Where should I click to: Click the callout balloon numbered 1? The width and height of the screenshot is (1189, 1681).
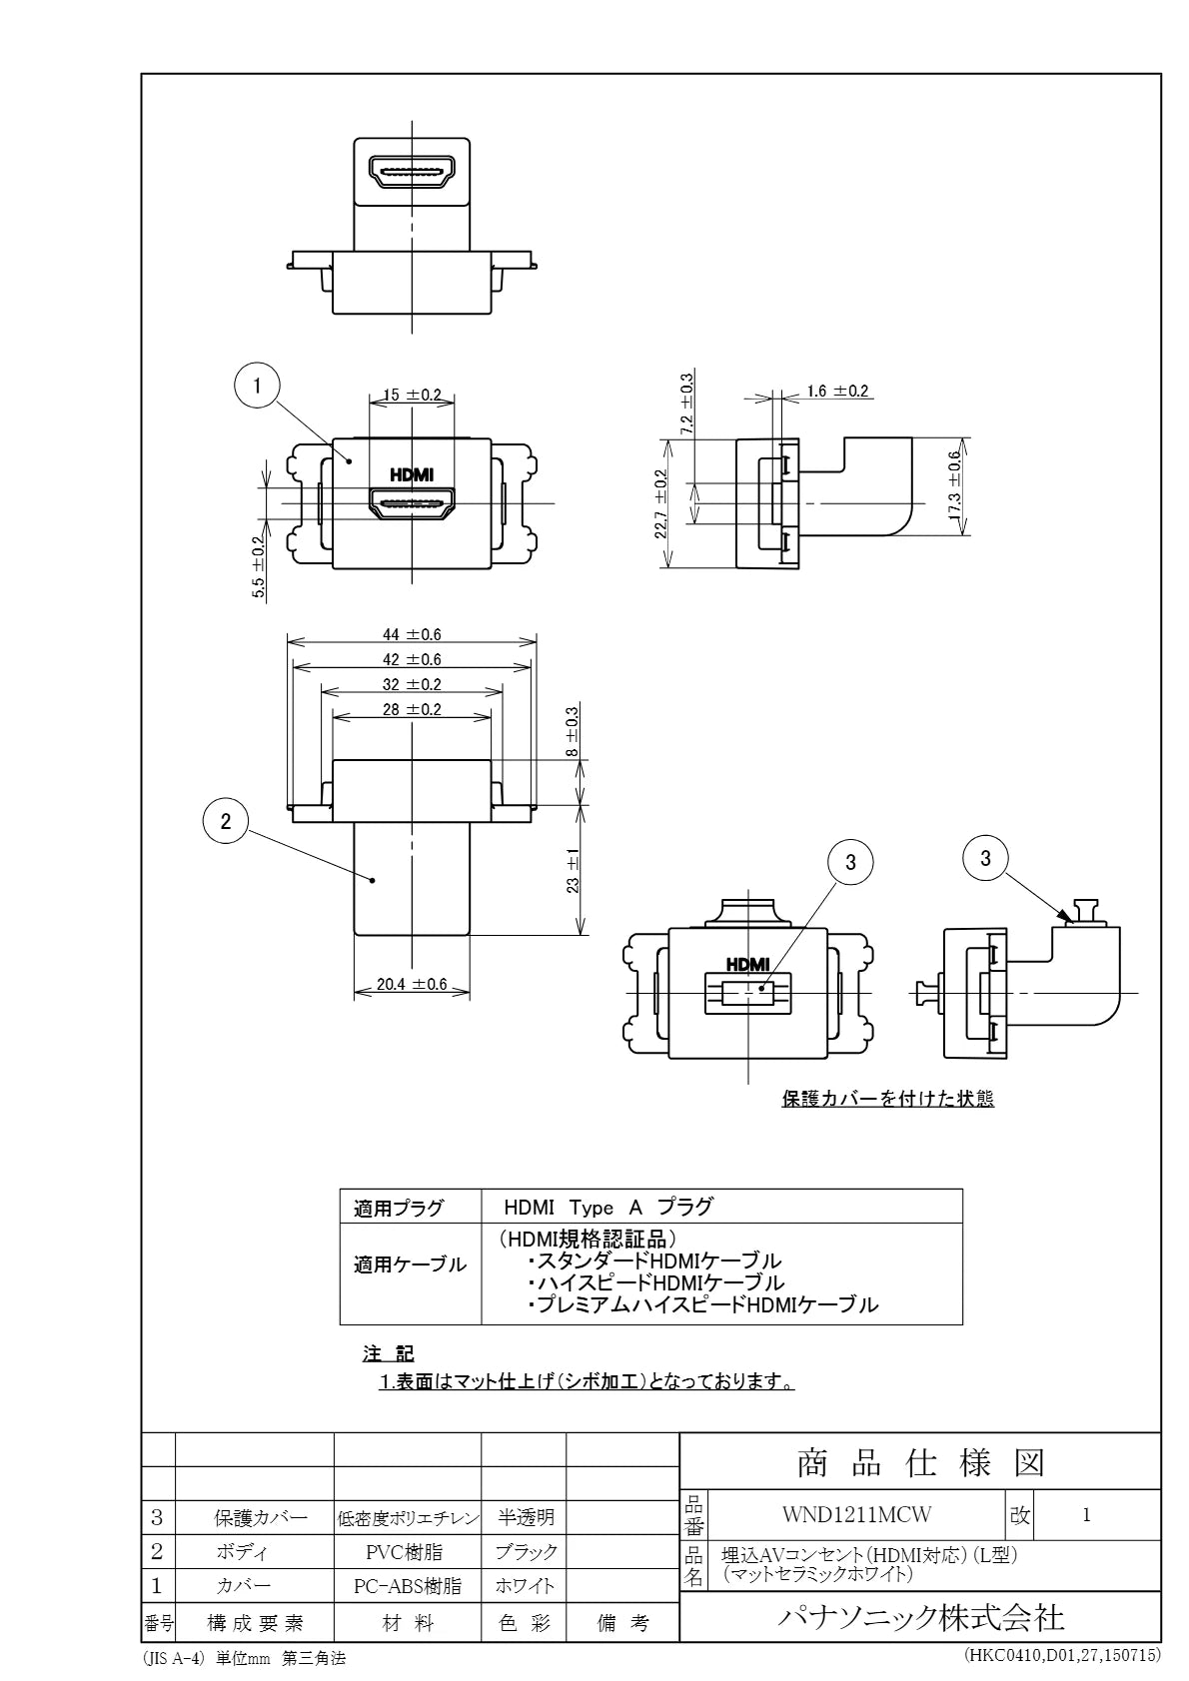click(257, 386)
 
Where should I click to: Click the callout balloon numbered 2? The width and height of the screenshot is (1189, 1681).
click(226, 822)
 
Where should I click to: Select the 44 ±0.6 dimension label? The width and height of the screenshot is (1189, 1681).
click(412, 635)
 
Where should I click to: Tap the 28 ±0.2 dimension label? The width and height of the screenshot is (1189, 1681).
click(412, 709)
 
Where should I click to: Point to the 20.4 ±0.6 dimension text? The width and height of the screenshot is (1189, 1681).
click(412, 984)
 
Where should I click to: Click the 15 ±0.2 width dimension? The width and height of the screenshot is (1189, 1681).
click(412, 395)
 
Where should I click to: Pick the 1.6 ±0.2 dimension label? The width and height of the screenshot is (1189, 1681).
click(837, 391)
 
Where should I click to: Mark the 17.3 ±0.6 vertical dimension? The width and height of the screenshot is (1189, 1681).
click(955, 485)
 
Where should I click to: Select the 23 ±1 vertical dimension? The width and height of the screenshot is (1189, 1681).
click(573, 870)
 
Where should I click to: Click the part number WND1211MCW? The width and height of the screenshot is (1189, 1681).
click(856, 1514)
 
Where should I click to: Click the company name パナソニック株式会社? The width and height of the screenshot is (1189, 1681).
click(920, 1617)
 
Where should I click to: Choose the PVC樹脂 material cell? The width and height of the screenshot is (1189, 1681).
click(405, 1551)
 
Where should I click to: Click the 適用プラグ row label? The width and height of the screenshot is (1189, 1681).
click(399, 1209)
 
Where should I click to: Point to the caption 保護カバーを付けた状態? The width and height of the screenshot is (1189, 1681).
click(888, 1099)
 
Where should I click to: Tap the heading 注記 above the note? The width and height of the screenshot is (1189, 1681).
click(388, 1353)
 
